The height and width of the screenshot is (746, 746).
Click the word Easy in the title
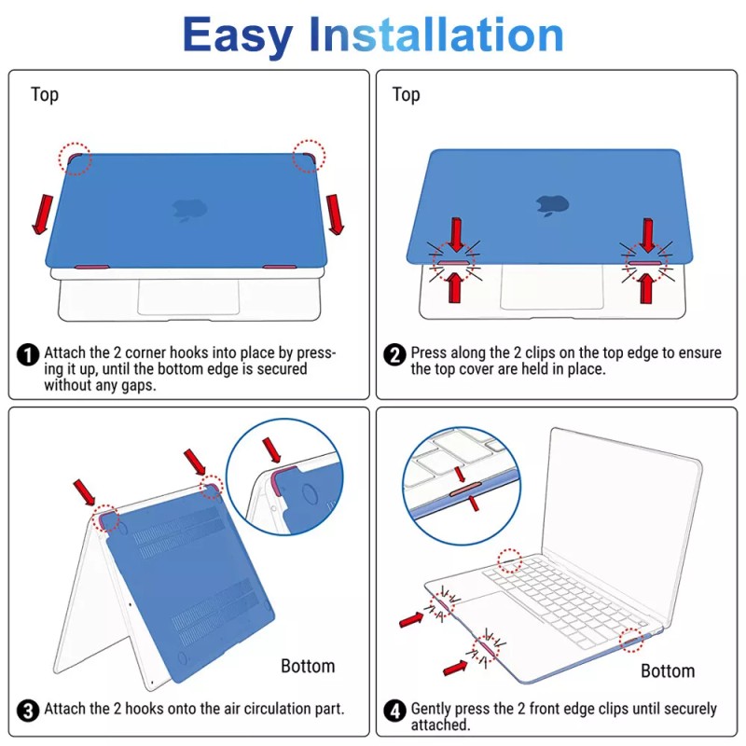(x=238, y=36)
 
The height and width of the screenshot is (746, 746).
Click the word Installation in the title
(x=436, y=34)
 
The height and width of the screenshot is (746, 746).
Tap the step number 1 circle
(x=28, y=355)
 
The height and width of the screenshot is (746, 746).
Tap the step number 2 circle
(x=394, y=355)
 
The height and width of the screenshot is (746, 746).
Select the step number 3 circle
(x=28, y=711)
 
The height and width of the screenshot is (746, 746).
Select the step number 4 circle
(x=394, y=711)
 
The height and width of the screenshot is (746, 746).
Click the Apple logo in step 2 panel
(x=552, y=205)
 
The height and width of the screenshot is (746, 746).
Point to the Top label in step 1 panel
(x=45, y=95)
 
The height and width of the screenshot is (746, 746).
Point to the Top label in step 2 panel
(x=406, y=95)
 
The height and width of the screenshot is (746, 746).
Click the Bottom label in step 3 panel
(x=308, y=666)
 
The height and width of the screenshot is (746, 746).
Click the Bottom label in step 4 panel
(x=668, y=670)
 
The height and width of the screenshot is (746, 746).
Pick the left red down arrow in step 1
(x=43, y=214)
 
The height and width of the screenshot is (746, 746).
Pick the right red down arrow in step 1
(x=335, y=214)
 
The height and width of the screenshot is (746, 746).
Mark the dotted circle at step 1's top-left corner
(x=75, y=159)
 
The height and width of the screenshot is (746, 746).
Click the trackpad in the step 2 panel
(x=552, y=286)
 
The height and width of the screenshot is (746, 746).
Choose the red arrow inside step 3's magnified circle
(x=271, y=450)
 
